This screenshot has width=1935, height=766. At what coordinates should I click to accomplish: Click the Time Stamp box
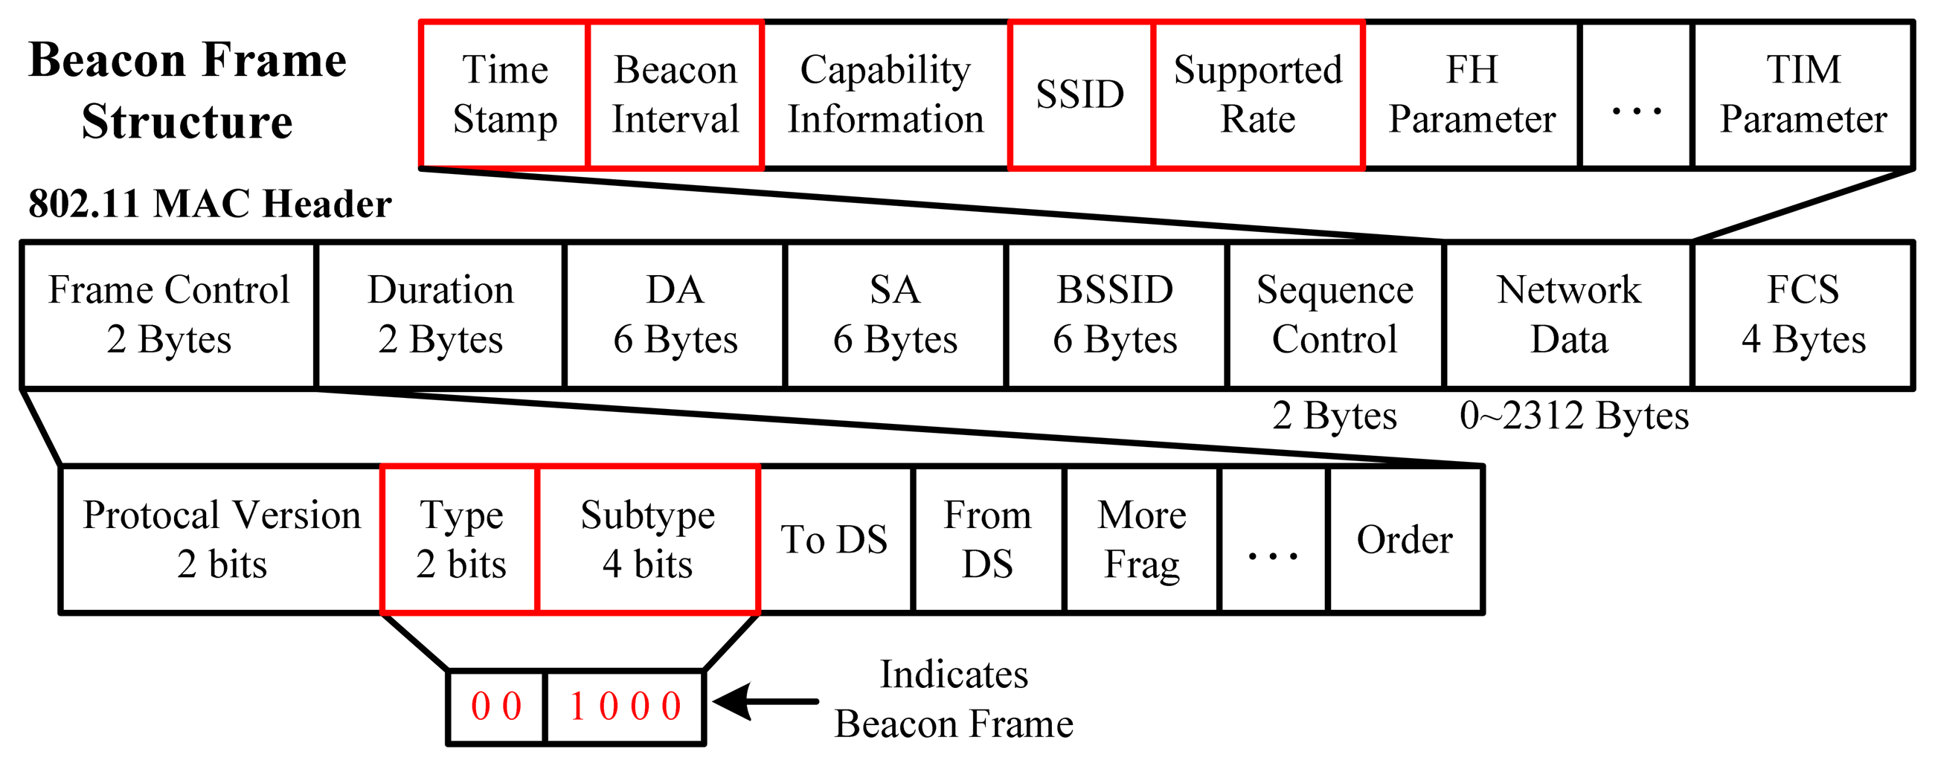pyautogui.click(x=504, y=94)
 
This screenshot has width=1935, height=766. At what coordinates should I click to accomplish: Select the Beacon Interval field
pyautogui.click(x=676, y=94)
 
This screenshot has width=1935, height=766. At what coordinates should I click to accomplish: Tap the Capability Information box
pyautogui.click(x=885, y=94)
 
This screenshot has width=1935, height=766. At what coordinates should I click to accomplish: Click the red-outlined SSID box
pyautogui.click(x=1080, y=94)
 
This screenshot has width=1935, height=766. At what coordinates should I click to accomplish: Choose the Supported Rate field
pyautogui.click(x=1258, y=94)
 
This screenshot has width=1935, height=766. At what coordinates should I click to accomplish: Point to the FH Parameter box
pyautogui.click(x=1472, y=94)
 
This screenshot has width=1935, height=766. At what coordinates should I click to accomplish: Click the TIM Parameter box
pyautogui.click(x=1803, y=94)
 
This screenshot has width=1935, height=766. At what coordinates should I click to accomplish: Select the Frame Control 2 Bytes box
pyautogui.click(x=169, y=315)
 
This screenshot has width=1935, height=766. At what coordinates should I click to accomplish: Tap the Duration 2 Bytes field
pyautogui.click(x=441, y=315)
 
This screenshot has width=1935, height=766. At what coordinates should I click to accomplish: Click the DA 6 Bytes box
pyautogui.click(x=675, y=315)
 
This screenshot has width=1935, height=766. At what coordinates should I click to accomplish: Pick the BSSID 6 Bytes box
pyautogui.click(x=1115, y=315)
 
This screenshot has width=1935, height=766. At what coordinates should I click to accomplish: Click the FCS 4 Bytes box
pyautogui.click(x=1803, y=315)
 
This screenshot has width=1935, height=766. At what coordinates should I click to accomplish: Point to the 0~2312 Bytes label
pyautogui.click(x=1573, y=415)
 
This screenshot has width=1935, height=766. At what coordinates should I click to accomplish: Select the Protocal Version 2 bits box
pyautogui.click(x=222, y=539)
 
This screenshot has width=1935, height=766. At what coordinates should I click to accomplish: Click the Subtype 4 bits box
pyautogui.click(x=647, y=539)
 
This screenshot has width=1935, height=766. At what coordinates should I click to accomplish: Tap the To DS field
pyautogui.click(x=835, y=539)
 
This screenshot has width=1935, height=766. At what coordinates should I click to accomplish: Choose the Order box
pyautogui.click(x=1405, y=539)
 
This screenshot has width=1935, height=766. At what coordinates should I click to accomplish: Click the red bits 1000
pyautogui.click(x=625, y=707)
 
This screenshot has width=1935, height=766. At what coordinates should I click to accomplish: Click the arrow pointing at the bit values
pyautogui.click(x=766, y=702)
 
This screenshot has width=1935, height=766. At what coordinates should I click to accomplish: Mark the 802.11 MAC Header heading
pyautogui.click(x=210, y=204)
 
